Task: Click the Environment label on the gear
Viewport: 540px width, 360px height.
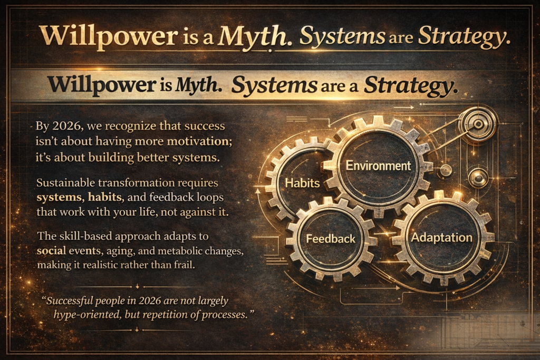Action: point(378,166)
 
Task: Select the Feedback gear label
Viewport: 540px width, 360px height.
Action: point(331,239)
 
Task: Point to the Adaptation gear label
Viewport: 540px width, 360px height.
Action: point(441,237)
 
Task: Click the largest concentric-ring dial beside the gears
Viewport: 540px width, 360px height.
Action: point(478,124)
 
